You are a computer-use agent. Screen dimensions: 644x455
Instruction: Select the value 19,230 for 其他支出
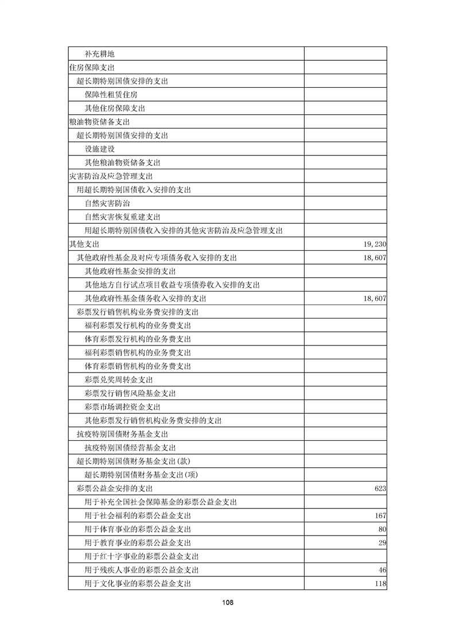pos(375,244)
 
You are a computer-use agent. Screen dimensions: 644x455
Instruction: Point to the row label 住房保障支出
pos(91,68)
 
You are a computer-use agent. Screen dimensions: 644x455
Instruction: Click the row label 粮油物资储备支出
pos(99,122)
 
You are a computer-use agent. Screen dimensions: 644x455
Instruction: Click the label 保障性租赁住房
pos(111,95)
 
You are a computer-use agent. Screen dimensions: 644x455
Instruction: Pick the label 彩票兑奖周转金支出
pos(119,380)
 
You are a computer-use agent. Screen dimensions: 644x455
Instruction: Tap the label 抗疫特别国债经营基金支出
pos(130,448)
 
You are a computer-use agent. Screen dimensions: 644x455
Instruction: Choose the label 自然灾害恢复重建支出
pos(122,217)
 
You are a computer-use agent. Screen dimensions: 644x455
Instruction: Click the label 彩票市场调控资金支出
pos(122,407)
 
